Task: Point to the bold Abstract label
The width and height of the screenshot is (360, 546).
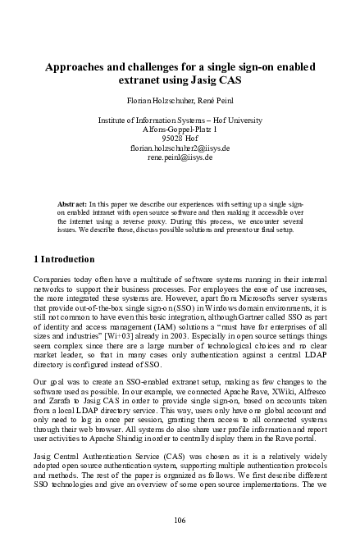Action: pos(71,202)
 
